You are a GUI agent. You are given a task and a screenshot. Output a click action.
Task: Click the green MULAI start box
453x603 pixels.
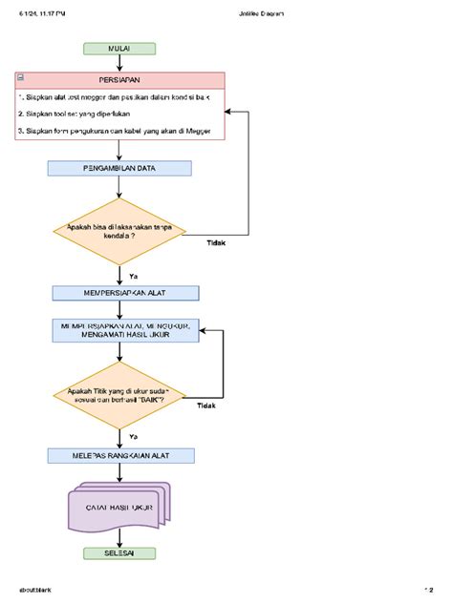pos(119,49)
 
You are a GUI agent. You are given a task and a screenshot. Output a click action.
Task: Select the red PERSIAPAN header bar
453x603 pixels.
pos(119,81)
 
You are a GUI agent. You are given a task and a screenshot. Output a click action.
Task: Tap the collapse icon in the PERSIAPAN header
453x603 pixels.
pos(21,81)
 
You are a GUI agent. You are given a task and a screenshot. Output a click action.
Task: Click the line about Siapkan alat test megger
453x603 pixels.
pos(119,98)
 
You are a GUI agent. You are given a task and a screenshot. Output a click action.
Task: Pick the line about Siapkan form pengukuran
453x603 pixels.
pos(119,131)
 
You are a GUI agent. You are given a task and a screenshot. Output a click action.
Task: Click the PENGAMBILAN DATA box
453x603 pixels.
pos(119,168)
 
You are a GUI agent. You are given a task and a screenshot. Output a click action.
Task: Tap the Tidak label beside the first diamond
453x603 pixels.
pos(217,242)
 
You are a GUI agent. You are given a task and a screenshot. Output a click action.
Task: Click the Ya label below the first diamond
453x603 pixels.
pos(133,275)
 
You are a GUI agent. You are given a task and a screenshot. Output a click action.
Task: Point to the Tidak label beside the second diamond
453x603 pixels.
pos(206,405)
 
